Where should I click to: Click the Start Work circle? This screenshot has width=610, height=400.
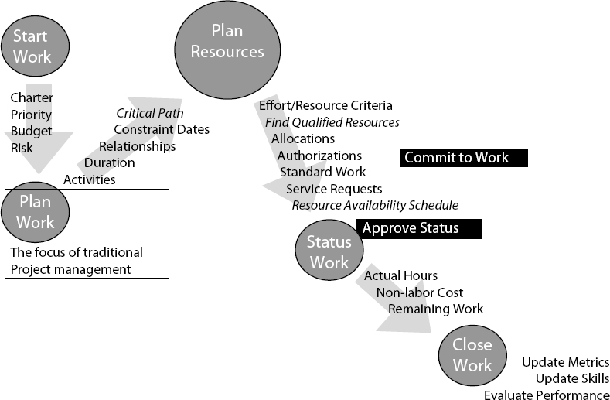pos(32,46)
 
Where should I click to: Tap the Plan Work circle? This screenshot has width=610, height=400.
pos(36,212)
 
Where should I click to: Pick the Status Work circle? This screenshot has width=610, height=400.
pos(329,251)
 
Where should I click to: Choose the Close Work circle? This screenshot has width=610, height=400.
pos(472,354)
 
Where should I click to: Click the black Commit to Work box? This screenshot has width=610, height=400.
pos(464,158)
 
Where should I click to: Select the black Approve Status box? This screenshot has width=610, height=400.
pos(417,228)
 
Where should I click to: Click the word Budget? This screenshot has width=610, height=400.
pos(31,132)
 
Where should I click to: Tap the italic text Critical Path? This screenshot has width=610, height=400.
pos(150,113)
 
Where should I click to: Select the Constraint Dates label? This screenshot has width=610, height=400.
pos(161,129)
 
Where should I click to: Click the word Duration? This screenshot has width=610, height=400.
pos(109,162)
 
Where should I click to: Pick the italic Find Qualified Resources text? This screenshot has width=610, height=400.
pos(332,122)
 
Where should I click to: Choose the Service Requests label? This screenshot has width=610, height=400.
pos(333,189)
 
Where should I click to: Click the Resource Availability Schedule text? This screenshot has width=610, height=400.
pos(375,205)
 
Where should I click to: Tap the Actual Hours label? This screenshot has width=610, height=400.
pos(400,275)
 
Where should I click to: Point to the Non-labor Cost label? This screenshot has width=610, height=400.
pos(420,292)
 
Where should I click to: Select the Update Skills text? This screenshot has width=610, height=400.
pos(572,379)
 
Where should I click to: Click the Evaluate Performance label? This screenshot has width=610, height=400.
pos(547,395)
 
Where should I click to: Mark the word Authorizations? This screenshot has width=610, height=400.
pos(319,156)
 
